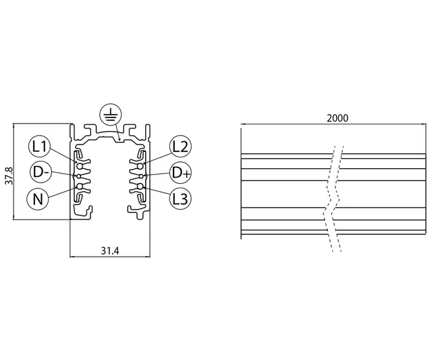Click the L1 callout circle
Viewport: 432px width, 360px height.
(x=40, y=146)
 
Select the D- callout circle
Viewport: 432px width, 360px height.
(x=40, y=172)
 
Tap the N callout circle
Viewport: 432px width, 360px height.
(x=40, y=199)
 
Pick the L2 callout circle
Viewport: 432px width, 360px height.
(x=180, y=146)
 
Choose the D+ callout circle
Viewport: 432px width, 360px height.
(x=180, y=172)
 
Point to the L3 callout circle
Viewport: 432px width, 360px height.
(x=180, y=199)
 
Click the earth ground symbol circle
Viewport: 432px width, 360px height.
(x=110, y=115)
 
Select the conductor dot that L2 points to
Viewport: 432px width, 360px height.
(x=140, y=162)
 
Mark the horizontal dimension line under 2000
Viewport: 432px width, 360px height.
(x=334, y=125)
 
